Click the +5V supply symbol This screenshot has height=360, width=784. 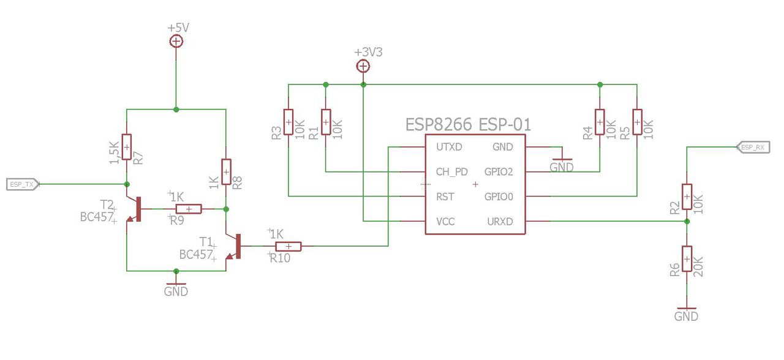[x=176, y=41]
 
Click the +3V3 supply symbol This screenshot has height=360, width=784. [x=363, y=66]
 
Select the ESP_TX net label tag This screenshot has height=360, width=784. [x=23, y=184]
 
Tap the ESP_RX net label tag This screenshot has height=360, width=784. [x=753, y=147]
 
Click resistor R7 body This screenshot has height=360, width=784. [x=127, y=147]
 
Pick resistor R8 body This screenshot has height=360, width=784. [x=226, y=172]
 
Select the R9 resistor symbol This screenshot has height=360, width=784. [x=189, y=209]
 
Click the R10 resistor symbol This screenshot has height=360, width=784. [x=288, y=246]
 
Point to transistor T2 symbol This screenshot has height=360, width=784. [x=134, y=209]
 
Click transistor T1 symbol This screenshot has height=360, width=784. [x=233, y=246]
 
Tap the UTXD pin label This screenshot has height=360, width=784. [x=449, y=147]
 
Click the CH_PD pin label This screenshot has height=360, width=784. [x=452, y=172]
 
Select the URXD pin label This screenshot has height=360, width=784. [x=500, y=222]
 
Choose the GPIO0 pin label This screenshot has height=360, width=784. [x=499, y=197]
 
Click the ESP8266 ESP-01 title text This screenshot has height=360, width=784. [x=468, y=124]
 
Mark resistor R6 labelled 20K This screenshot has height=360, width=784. [x=687, y=259]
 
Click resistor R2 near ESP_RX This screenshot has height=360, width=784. [x=687, y=197]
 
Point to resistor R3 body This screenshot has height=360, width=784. [x=288, y=122]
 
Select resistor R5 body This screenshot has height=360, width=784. [x=637, y=122]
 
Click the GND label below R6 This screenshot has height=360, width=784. [x=686, y=317]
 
